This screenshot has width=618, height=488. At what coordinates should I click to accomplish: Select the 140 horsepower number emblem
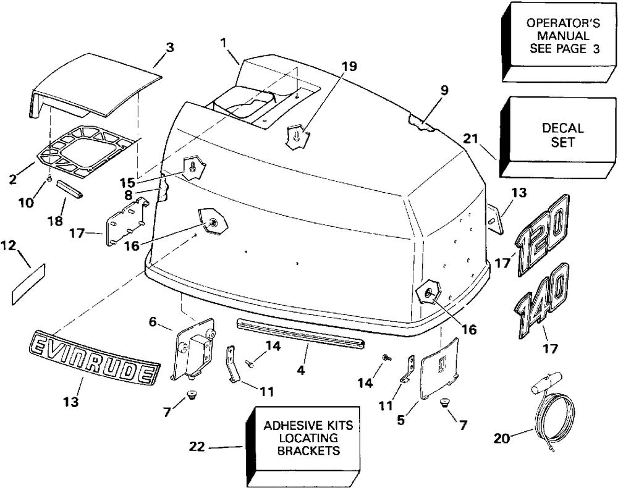(542, 301)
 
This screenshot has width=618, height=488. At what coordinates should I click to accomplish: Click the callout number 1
(224, 43)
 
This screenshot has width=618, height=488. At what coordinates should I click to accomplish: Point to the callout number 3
(169, 48)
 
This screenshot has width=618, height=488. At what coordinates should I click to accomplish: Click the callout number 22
(197, 447)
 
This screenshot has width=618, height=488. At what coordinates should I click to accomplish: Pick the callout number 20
(502, 438)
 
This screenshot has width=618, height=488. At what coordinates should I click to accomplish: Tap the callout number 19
(349, 66)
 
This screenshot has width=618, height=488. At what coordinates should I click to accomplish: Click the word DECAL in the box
(562, 128)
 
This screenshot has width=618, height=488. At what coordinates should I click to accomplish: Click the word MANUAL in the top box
(564, 36)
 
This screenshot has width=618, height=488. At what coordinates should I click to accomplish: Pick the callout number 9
(444, 90)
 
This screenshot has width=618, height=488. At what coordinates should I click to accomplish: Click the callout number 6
(153, 322)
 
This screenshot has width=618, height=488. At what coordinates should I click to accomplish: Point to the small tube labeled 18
(71, 188)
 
